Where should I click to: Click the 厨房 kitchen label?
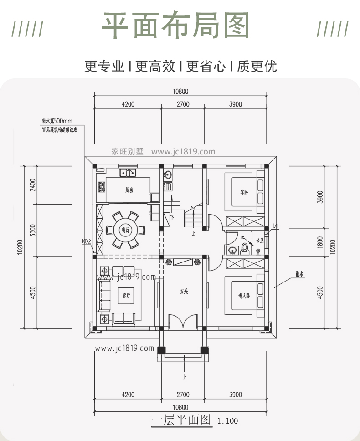(129, 190)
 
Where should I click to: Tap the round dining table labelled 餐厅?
(123, 230)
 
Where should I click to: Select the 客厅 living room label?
(126, 295)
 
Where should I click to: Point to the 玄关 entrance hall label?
(184, 291)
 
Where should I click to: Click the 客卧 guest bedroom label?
(244, 192)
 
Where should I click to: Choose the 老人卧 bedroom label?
(244, 295)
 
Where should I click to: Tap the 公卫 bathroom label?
(260, 240)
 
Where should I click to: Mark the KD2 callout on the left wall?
(87, 241)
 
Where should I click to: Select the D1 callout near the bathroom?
(275, 226)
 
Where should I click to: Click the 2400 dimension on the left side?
(32, 185)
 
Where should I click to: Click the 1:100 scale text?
(227, 421)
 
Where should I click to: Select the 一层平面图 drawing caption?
(181, 420)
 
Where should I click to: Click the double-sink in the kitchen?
(128, 173)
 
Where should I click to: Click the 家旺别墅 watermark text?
(127, 152)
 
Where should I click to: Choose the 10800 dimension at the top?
(180, 91)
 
